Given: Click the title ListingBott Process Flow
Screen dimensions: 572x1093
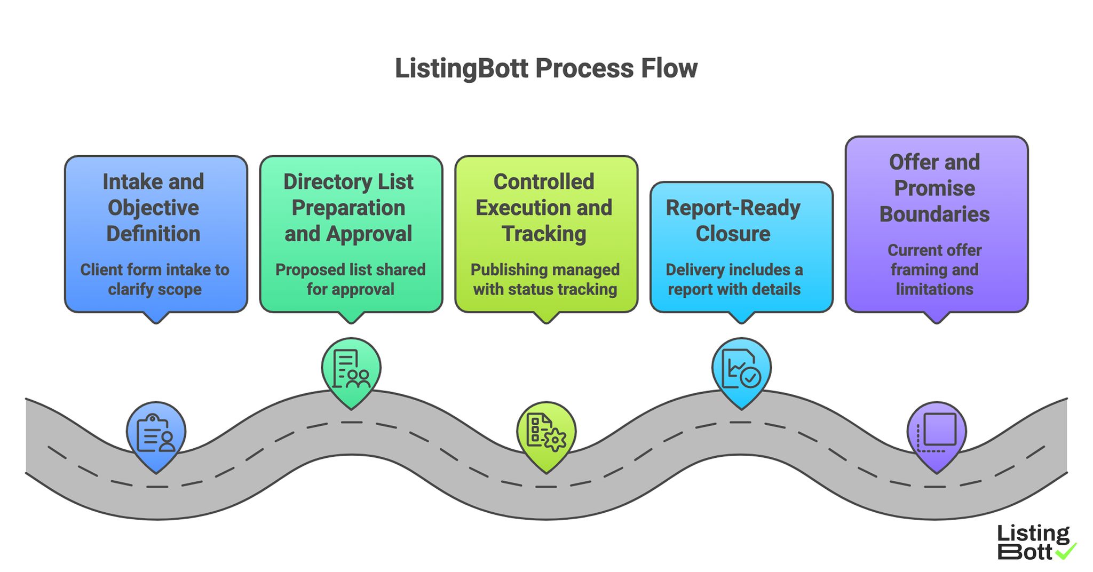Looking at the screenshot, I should tap(546, 69).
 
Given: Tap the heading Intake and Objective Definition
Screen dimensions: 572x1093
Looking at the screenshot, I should tap(154, 208).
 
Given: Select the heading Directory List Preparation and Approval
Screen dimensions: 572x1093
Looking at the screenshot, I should tap(349, 208).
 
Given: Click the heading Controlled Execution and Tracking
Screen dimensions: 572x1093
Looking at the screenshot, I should tap(544, 208).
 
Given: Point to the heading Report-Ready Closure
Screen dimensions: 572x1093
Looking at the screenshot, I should tap(733, 220).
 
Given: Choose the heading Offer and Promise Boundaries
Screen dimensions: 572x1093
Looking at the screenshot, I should tap(934, 188).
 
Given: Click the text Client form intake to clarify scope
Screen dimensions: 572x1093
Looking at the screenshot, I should tap(155, 279).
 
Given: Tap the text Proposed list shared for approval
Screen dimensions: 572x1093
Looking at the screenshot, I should tap(350, 279).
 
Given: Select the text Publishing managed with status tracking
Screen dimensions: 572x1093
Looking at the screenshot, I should tap(545, 279).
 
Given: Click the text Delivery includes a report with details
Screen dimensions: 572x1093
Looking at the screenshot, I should tap(734, 279).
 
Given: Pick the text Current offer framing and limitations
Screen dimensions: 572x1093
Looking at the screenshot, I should tap(934, 269).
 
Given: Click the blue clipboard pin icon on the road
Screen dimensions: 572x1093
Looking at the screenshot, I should tap(156, 434).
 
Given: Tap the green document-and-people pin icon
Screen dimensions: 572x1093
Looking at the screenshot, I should tap(351, 369).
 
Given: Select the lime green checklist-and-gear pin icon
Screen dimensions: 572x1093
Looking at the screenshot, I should tap(546, 434).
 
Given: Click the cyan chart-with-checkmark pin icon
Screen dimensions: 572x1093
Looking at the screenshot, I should tap(741, 369).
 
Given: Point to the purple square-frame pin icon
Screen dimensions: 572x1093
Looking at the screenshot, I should tap(937, 433).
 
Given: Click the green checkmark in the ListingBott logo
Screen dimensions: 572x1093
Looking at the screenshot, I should tap(1066, 551).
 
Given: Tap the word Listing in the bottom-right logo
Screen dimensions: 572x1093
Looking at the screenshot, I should tap(1033, 534).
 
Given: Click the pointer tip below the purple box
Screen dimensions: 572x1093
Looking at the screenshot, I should tap(937, 320).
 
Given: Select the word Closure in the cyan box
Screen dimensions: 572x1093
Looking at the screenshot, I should tap(733, 234).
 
